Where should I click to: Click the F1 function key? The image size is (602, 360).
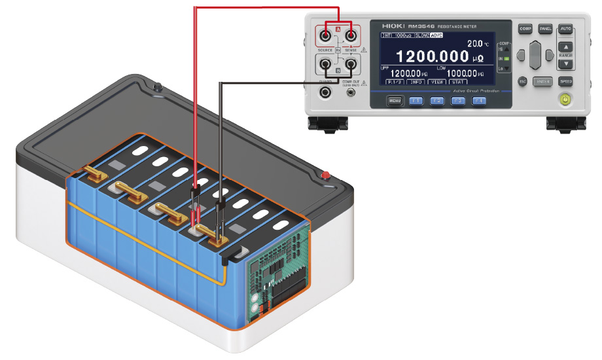point(416,101)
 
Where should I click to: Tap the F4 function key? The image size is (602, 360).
point(479,101)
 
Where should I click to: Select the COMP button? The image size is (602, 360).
point(525,29)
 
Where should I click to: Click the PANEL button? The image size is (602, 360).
point(545,29)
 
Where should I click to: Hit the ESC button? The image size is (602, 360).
point(523,81)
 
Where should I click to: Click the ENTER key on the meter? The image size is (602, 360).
point(542,81)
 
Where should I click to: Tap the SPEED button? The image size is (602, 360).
point(565,81)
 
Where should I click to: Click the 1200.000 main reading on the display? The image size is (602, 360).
point(432,56)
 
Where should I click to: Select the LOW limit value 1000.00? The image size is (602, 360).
point(464,73)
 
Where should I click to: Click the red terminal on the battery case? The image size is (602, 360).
point(325,175)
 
